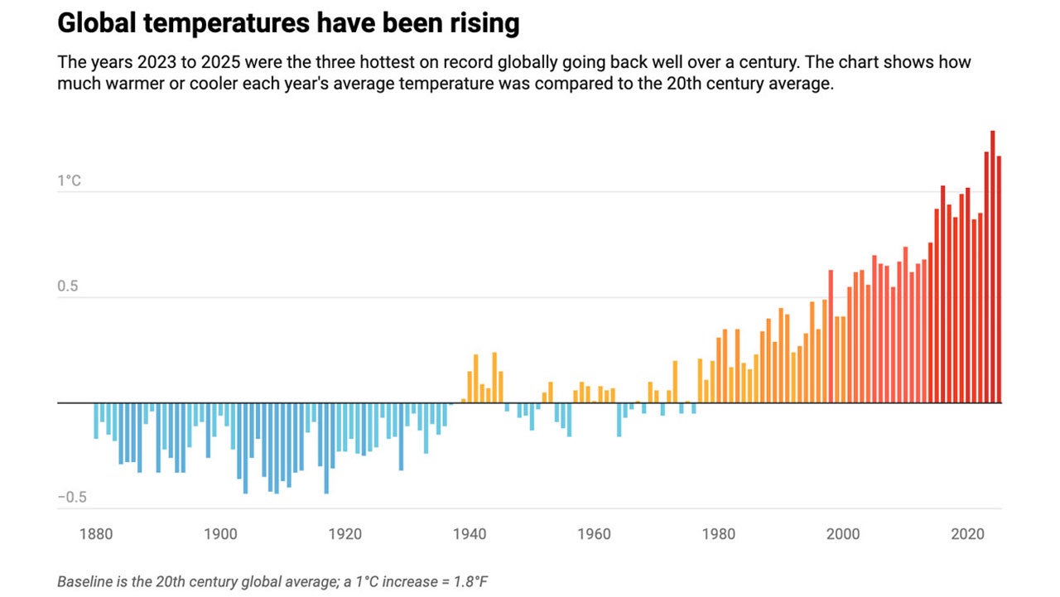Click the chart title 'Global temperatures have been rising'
pyautogui.click(x=288, y=24)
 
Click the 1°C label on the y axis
pyautogui.click(x=70, y=181)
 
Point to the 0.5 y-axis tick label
pyautogui.click(x=69, y=286)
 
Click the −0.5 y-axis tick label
pyautogui.click(x=71, y=498)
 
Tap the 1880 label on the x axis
pyautogui.click(x=96, y=534)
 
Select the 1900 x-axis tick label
pyautogui.click(x=220, y=534)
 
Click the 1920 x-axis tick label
pyautogui.click(x=344, y=534)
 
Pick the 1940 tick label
pyautogui.click(x=470, y=534)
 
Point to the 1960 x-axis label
pyautogui.click(x=594, y=534)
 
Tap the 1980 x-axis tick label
pyautogui.click(x=718, y=534)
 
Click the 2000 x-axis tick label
pyautogui.click(x=843, y=534)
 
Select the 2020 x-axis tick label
pyautogui.click(x=967, y=534)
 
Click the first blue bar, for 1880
pyautogui.click(x=96, y=421)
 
